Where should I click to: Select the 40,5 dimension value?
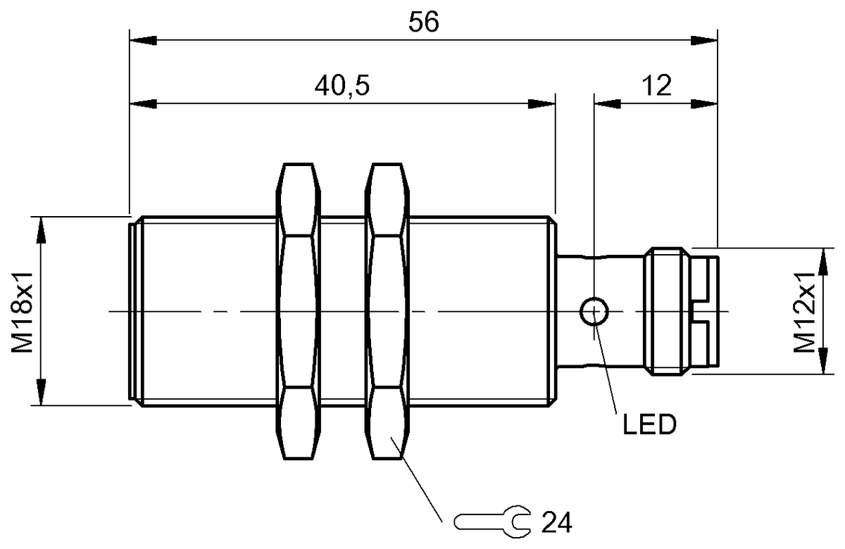[342, 87]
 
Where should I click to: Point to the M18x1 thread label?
[23, 310]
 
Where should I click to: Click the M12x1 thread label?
[805, 310]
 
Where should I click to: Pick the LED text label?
[649, 424]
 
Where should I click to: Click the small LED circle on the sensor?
[594, 311]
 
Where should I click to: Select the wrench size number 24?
[556, 522]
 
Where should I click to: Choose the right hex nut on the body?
[387, 310]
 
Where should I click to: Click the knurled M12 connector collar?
[667, 310]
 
